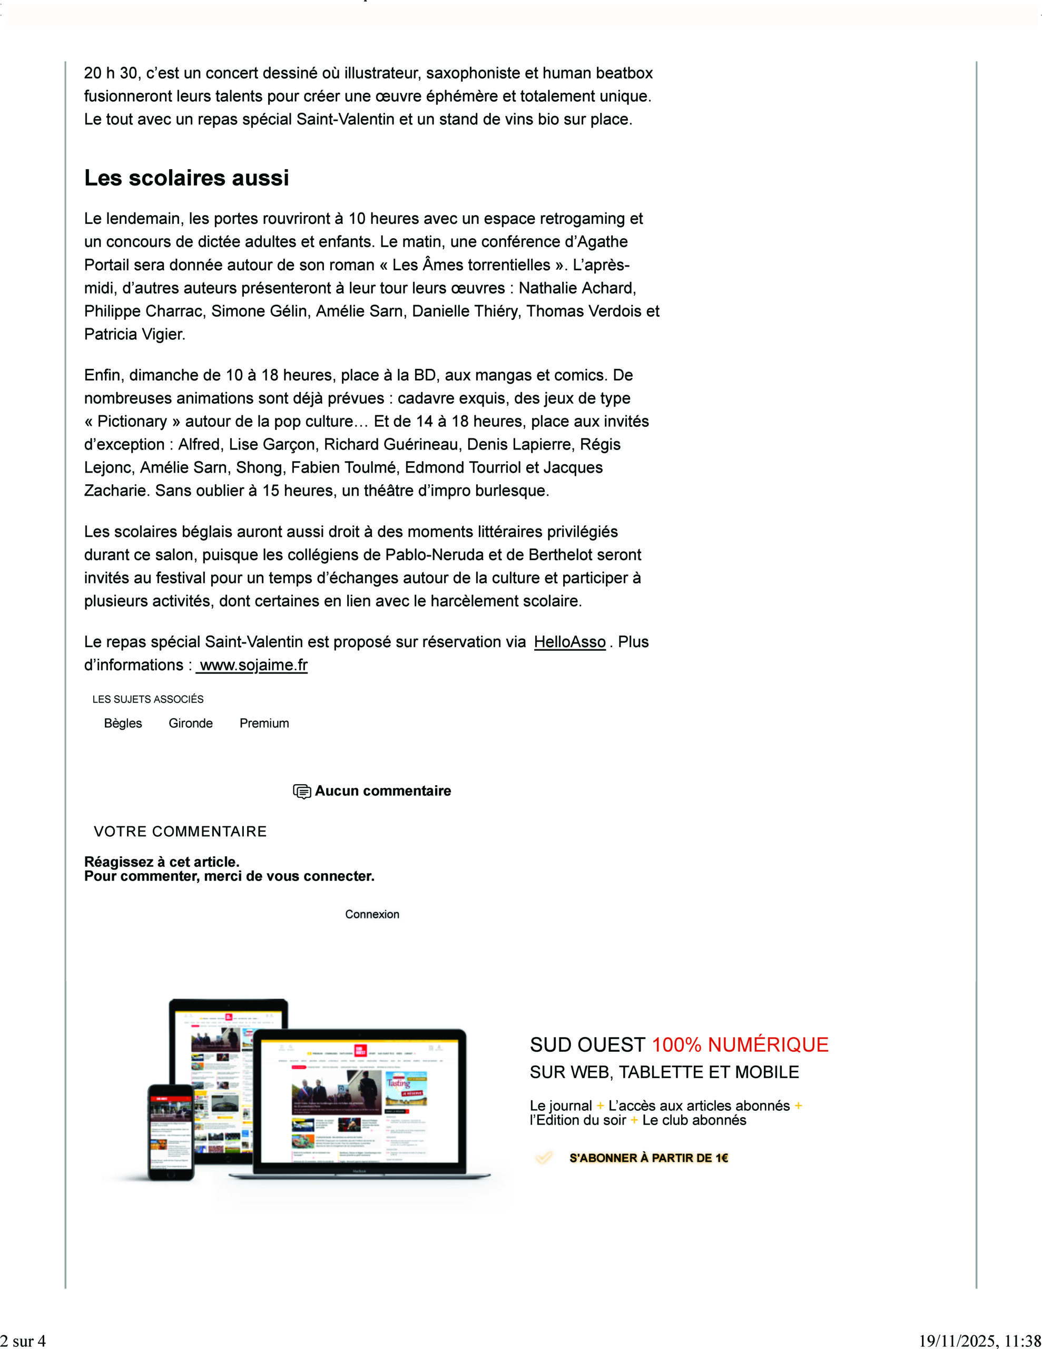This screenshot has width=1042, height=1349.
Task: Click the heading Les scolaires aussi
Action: [186, 178]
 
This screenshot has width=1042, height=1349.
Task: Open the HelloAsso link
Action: [569, 642]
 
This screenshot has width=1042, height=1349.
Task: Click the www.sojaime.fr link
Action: [253, 665]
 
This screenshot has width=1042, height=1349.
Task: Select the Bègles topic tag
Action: [123, 724]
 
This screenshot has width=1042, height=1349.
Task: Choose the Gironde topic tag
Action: [190, 724]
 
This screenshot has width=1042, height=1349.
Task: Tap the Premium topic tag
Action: [264, 724]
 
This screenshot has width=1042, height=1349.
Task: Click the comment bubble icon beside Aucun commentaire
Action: [301, 791]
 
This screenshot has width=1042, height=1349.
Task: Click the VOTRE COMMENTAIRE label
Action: [180, 832]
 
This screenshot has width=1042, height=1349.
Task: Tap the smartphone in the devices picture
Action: [171, 1131]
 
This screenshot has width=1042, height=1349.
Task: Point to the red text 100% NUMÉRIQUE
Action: [740, 1044]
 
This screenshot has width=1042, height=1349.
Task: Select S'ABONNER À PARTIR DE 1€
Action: [648, 1158]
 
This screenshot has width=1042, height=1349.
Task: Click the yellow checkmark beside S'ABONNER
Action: [544, 1158]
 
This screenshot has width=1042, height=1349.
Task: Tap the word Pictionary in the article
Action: [132, 421]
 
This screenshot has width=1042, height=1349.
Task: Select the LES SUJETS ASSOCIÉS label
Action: [148, 699]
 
